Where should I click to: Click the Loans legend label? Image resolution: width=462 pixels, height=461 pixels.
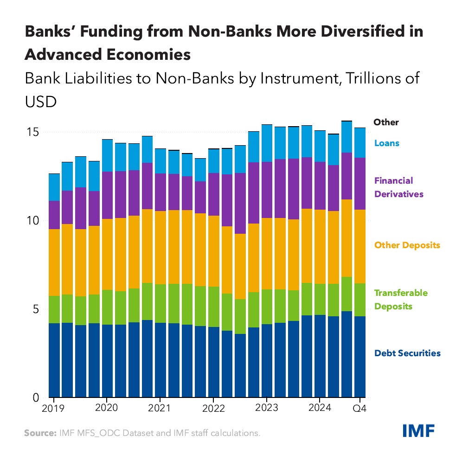(386, 143)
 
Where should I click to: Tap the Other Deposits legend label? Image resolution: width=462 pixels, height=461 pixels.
(407, 245)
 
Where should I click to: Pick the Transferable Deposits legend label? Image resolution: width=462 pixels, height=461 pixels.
(401, 300)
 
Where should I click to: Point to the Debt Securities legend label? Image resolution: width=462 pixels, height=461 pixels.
(407, 353)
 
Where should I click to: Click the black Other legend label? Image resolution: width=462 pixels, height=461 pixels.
(386, 122)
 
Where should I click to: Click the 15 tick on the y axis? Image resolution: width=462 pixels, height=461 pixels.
(32, 132)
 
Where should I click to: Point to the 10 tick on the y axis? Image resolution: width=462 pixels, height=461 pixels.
(32, 221)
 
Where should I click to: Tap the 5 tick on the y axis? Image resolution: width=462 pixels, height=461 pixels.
(35, 309)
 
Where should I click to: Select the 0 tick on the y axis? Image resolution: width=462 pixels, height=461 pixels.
(35, 398)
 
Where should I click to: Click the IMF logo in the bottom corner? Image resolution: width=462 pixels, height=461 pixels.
(418, 431)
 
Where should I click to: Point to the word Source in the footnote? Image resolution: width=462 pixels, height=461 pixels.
(39, 433)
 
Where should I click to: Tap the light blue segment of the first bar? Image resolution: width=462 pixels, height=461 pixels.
(54, 187)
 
